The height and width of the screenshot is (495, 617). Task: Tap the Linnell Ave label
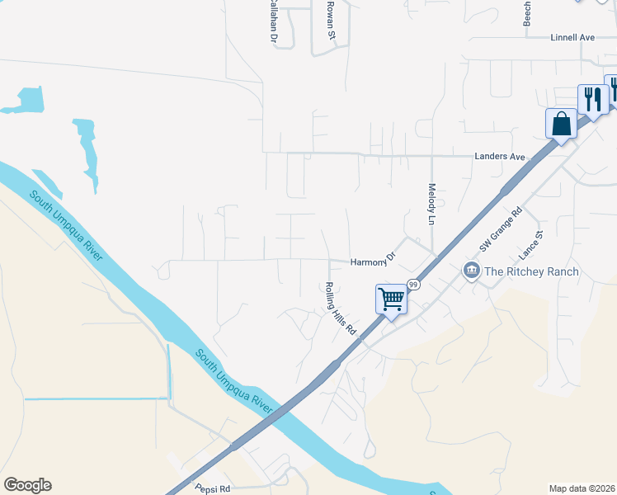572,38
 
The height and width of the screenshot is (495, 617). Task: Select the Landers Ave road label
500,157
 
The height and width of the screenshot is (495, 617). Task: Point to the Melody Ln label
431,205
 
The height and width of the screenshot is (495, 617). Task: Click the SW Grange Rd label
502,229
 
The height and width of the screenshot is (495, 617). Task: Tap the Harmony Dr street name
374,262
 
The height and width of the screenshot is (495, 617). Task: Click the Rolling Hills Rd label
340,309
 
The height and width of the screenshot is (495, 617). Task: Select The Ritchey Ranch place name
531,271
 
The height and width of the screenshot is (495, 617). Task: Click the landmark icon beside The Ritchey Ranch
471,271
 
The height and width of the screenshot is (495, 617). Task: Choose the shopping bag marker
561,125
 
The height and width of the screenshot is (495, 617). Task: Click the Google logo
27,485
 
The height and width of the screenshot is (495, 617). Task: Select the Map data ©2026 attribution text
581,488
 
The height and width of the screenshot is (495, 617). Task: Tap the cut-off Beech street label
528,12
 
